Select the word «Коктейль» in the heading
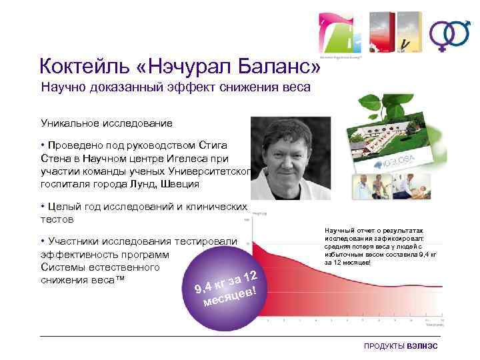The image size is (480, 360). pos(86,67)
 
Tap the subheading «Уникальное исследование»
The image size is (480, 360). pos(107,123)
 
